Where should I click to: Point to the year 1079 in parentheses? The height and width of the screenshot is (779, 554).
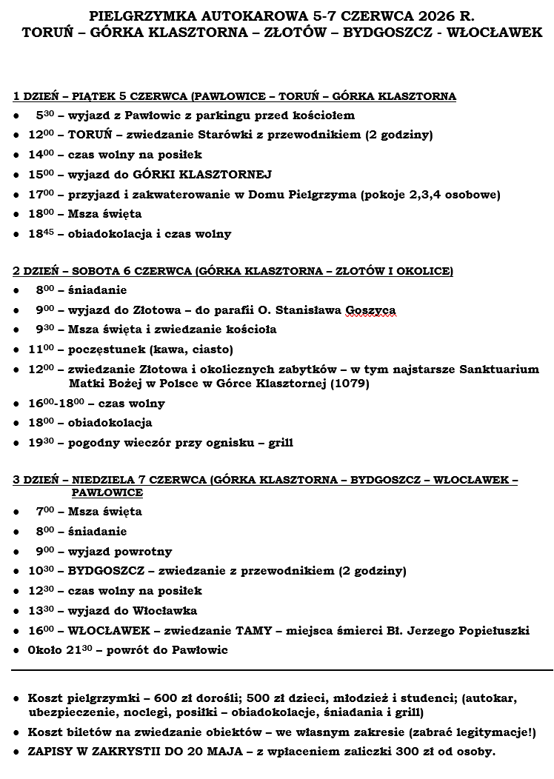pyautogui.click(x=349, y=384)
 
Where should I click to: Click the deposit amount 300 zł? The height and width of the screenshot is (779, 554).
pyautogui.click(x=414, y=752)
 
